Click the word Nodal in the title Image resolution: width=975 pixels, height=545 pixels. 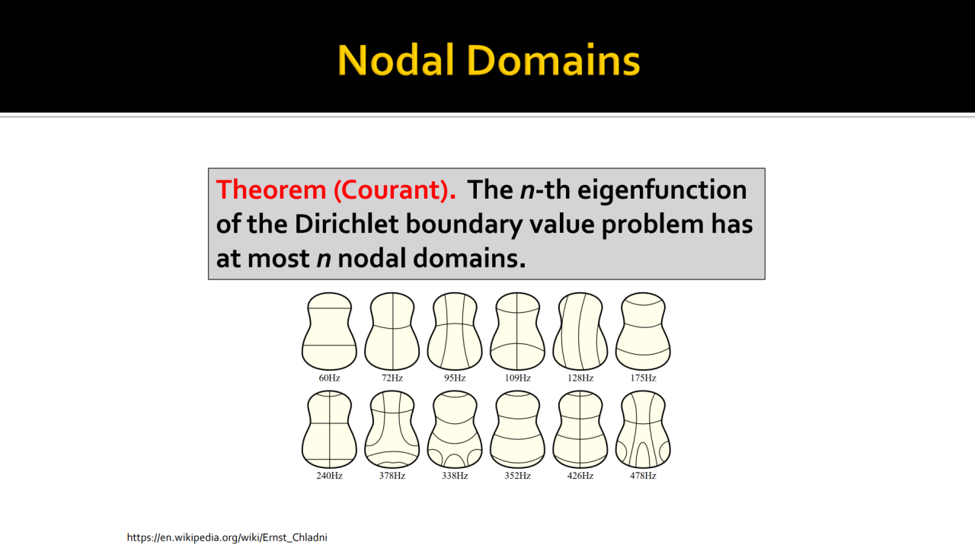[396, 60]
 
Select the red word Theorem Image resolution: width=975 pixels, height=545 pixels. [270, 190]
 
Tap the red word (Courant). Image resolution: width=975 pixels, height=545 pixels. [395, 190]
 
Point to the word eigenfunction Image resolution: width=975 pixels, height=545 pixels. [662, 190]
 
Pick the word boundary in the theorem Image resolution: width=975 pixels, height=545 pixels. [464, 225]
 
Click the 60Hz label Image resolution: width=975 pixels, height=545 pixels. [329, 378]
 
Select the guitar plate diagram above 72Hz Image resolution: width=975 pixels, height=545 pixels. [392, 331]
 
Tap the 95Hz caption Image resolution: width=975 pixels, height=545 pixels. [455, 378]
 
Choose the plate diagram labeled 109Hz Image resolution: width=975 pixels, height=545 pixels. [517, 331]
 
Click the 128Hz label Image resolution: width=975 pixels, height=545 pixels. [580, 378]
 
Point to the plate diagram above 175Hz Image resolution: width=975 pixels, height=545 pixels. [643, 331]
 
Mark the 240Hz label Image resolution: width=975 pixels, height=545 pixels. [329, 476]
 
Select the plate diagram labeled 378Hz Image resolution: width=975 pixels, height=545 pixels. [392, 429]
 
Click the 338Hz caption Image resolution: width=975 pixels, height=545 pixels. [455, 476]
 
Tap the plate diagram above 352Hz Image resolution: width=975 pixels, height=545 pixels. [517, 429]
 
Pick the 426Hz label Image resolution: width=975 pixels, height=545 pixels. [580, 476]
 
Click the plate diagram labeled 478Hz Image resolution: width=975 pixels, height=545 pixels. [643, 429]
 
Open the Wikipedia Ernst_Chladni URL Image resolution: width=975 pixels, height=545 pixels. [227, 537]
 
